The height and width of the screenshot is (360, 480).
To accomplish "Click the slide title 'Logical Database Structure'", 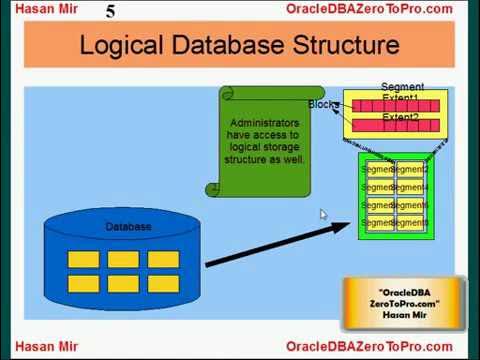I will [239, 46].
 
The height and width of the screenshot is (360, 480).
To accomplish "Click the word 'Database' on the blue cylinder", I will [128, 227].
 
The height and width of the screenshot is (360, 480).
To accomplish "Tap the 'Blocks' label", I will [323, 105].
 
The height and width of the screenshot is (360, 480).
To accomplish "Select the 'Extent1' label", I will [401, 98].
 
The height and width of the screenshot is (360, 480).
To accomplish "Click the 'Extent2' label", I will [401, 118].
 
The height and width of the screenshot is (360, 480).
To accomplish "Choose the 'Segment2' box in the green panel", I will [411, 170].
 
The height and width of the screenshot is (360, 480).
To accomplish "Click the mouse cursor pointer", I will [323, 213].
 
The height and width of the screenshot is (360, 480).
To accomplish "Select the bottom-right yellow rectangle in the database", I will [162, 282].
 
